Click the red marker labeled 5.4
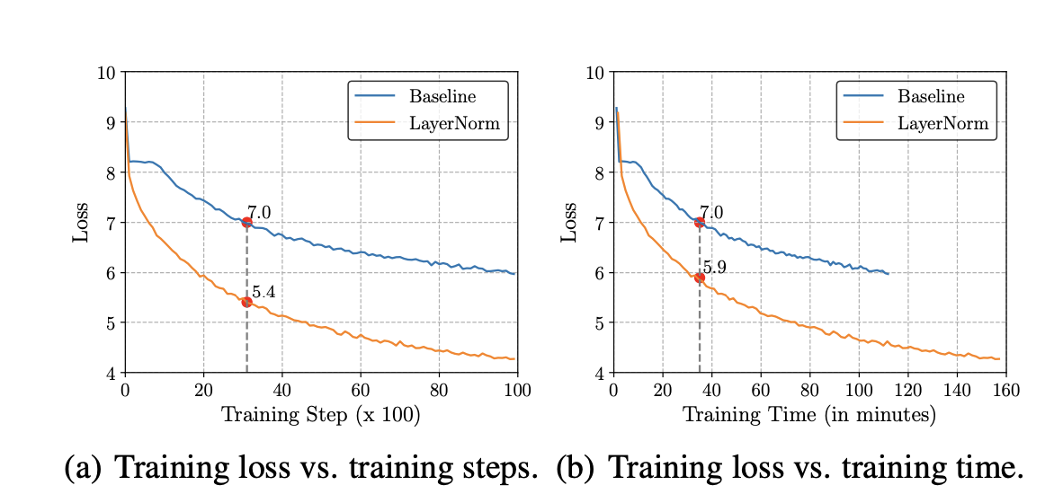pyautogui.click(x=246, y=302)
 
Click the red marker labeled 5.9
pyautogui.click(x=700, y=278)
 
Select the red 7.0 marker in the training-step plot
pyautogui.click(x=246, y=222)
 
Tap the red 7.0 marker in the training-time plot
pyautogui.click(x=700, y=222)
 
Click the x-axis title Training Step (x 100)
pyautogui.click(x=321, y=415)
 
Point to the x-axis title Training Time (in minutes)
pyautogui.click(x=809, y=415)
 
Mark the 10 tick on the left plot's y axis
pyautogui.click(x=106, y=73)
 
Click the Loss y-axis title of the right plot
pyautogui.click(x=569, y=223)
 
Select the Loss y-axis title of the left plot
pyautogui.click(x=81, y=223)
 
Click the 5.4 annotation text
pyautogui.click(x=263, y=292)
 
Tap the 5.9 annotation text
pyautogui.click(x=716, y=268)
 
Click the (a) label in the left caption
pyautogui.click(x=82, y=468)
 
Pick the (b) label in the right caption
pyautogui.click(x=576, y=468)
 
